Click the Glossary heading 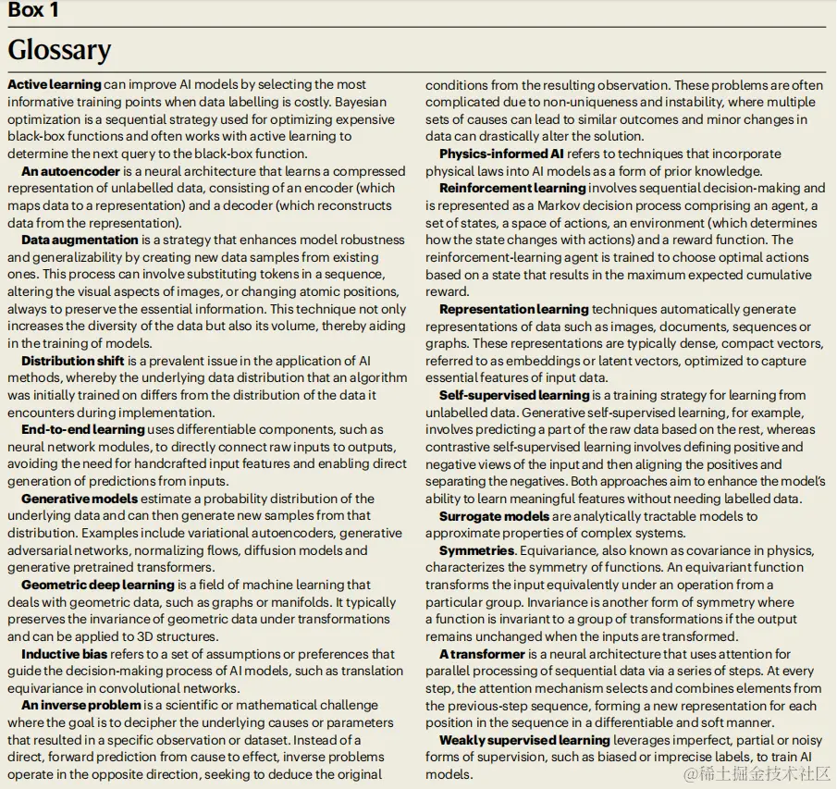pos(59,50)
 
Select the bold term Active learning pos(55,84)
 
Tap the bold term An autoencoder pos(70,171)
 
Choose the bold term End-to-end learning pos(83,429)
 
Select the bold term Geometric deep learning pos(98,585)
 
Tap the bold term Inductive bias pos(65,654)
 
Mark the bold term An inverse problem pos(81,706)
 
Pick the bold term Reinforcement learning pos(512,188)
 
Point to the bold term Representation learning pos(514,309)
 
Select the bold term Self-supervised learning pos(514,395)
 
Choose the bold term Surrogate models pos(494,516)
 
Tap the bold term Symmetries pos(476,550)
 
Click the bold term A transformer pos(482,654)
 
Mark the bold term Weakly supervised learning pos(524,740)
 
